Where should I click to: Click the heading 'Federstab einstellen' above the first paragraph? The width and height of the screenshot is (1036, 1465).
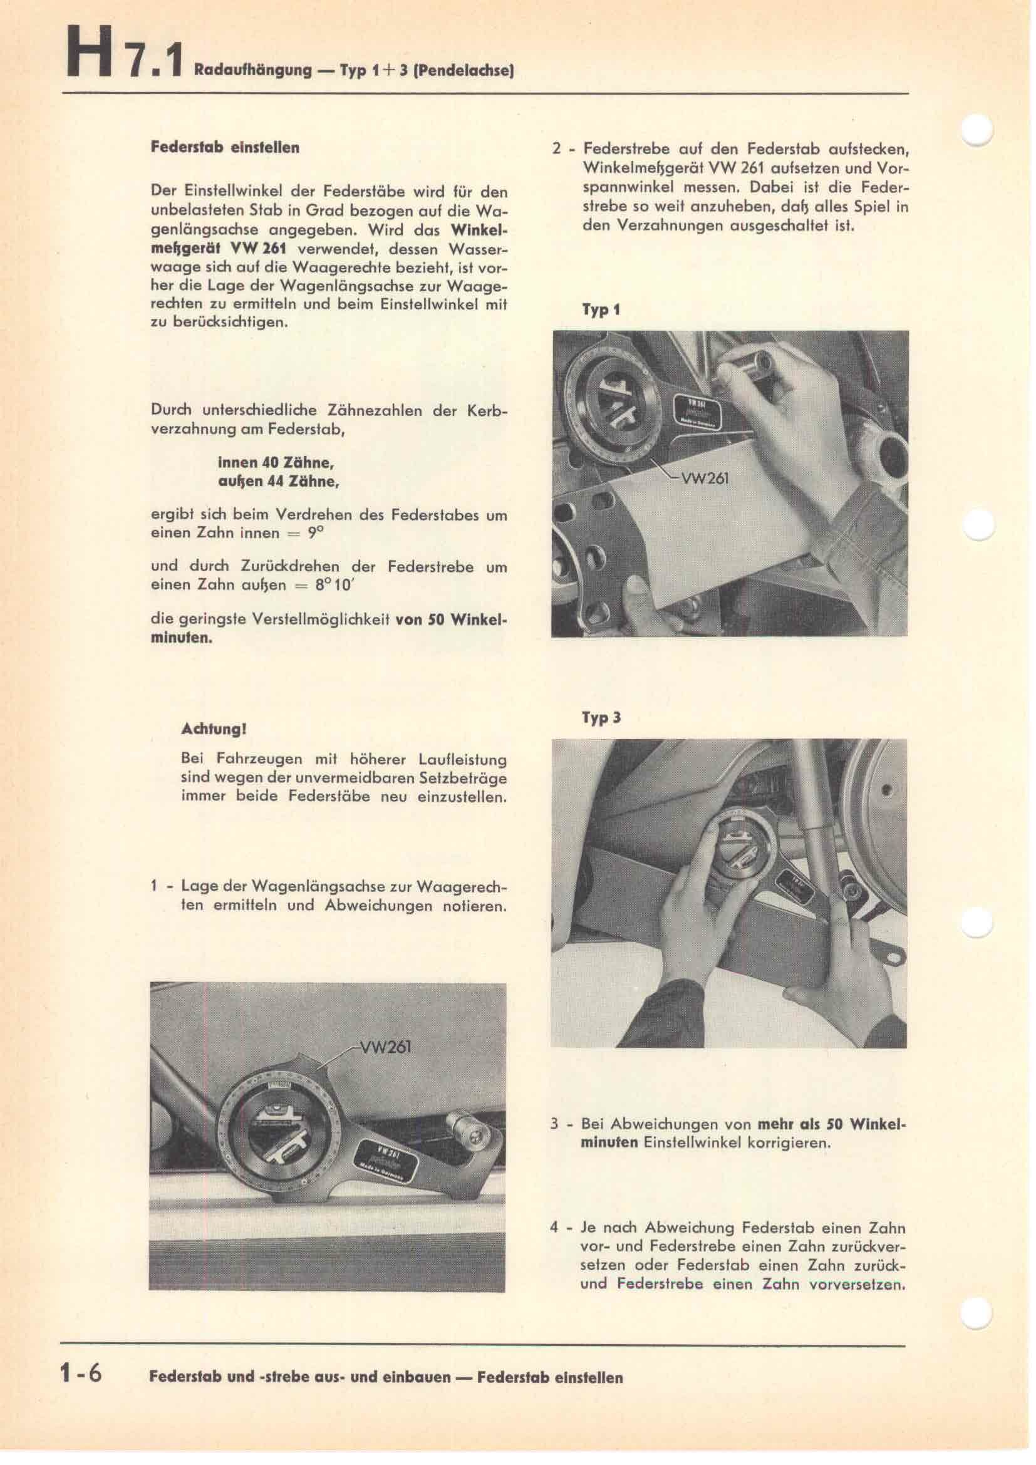click(225, 147)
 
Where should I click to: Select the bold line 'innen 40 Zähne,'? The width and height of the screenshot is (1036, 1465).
click(277, 462)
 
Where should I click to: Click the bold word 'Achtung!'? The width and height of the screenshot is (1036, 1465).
click(214, 728)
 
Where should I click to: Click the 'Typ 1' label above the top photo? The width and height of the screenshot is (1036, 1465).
click(600, 311)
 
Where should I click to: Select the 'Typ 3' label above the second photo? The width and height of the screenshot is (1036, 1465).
click(601, 718)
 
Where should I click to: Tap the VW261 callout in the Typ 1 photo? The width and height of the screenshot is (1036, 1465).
click(705, 478)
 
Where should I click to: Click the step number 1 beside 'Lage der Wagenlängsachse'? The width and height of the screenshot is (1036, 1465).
click(154, 886)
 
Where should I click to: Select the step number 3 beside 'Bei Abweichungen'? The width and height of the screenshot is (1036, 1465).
click(555, 1142)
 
